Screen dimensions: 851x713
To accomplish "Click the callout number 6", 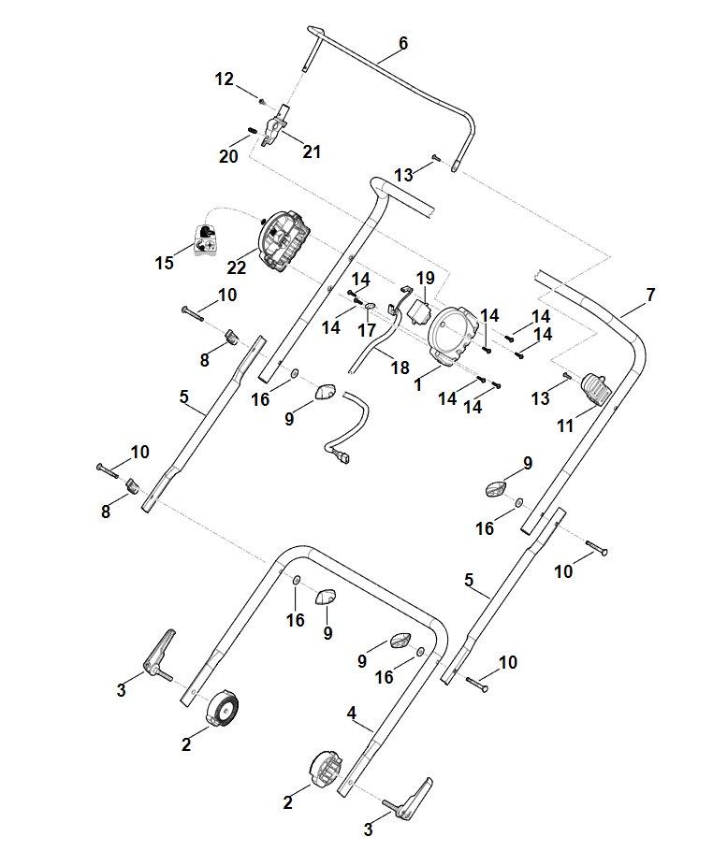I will pyautogui.click(x=403, y=43).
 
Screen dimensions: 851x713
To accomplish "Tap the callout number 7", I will pyautogui.click(x=650, y=295).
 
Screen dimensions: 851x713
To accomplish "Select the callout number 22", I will pyautogui.click(x=236, y=267).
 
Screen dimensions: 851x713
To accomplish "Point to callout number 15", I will pyautogui.click(x=165, y=263).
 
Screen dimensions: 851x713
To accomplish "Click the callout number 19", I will pyautogui.click(x=426, y=278).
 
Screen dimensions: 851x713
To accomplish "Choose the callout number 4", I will pyautogui.click(x=352, y=714).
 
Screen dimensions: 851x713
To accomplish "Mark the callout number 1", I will pyautogui.click(x=417, y=383).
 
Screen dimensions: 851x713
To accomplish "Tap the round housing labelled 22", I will pyautogui.click(x=282, y=241).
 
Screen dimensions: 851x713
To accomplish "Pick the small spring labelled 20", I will pyautogui.click(x=252, y=131).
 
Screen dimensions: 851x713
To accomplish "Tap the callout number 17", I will pyautogui.click(x=367, y=330).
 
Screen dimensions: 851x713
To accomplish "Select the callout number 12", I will pyautogui.click(x=225, y=79).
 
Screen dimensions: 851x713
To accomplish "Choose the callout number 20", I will pyautogui.click(x=228, y=156).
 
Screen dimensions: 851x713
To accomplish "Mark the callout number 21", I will pyautogui.click(x=312, y=151).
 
